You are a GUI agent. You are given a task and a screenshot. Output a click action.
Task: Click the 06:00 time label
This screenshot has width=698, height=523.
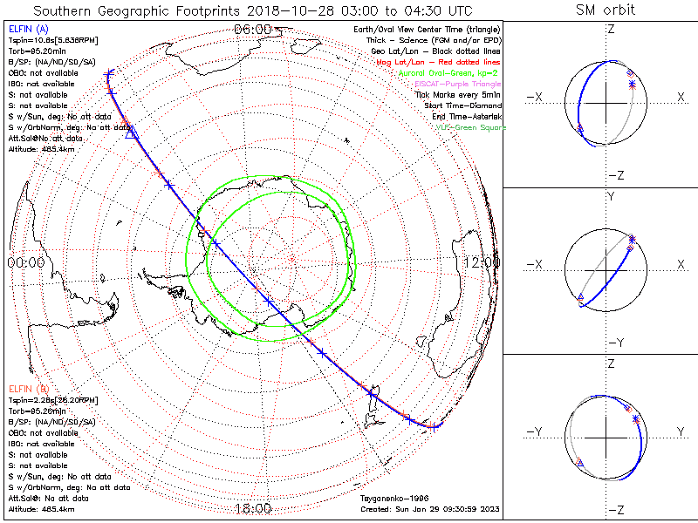point(253,30)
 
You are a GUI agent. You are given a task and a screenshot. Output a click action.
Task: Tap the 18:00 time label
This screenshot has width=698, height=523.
point(253,508)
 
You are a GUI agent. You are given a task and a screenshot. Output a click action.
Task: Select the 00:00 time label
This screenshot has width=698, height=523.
point(25,261)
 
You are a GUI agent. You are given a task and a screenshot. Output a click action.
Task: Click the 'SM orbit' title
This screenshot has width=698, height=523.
point(606,10)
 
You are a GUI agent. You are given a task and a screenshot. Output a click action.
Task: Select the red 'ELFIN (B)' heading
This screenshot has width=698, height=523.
point(27,388)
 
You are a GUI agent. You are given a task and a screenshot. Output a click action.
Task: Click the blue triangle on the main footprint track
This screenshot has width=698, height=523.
point(131,133)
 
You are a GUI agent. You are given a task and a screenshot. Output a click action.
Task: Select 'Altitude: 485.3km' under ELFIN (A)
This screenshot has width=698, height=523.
point(38,149)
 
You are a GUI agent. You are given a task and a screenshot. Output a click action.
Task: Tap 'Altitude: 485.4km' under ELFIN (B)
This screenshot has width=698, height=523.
point(38,508)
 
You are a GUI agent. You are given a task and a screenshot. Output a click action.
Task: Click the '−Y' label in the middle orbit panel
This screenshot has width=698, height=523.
point(610,342)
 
